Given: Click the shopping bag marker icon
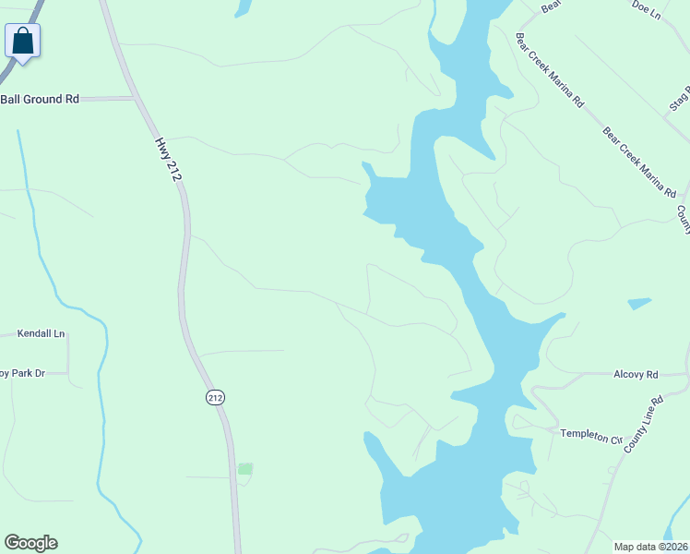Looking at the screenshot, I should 22,42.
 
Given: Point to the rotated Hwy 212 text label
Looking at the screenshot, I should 167,159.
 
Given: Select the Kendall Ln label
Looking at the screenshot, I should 44,333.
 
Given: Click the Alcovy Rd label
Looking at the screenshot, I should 636,375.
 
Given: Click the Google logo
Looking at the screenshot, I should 30,543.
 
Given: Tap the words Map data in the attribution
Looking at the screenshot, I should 636,546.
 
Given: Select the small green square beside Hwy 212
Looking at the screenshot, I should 244,469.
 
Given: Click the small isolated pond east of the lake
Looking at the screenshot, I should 638,303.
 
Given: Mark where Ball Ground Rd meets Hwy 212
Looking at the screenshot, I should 137,98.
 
